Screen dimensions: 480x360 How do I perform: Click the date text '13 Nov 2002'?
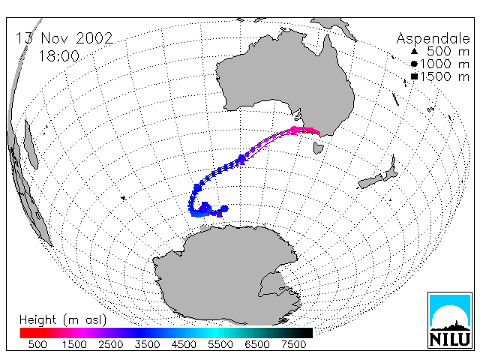click(x=64, y=38)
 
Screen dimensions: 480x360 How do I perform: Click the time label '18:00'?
click(x=58, y=56)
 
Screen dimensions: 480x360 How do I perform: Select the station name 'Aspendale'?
click(x=433, y=39)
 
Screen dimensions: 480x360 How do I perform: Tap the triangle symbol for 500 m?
click(x=414, y=51)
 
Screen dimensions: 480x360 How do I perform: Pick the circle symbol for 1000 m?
click(x=414, y=64)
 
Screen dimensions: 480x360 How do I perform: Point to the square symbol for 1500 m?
click(x=414, y=76)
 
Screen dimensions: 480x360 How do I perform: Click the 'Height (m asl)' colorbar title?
click(x=63, y=320)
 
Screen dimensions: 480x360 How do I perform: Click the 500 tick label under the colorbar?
click(x=37, y=344)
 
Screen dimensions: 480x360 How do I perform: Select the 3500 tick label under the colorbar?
click(x=147, y=344)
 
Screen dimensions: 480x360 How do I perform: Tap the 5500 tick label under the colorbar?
click(x=220, y=344)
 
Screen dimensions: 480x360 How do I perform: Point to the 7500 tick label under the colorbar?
click(x=293, y=344)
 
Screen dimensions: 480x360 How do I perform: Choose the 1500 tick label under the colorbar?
click(x=74, y=344)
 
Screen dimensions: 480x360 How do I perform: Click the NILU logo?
click(x=450, y=320)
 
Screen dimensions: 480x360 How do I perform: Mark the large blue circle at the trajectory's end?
click(x=225, y=208)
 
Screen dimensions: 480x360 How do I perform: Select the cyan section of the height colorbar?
click(x=216, y=333)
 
